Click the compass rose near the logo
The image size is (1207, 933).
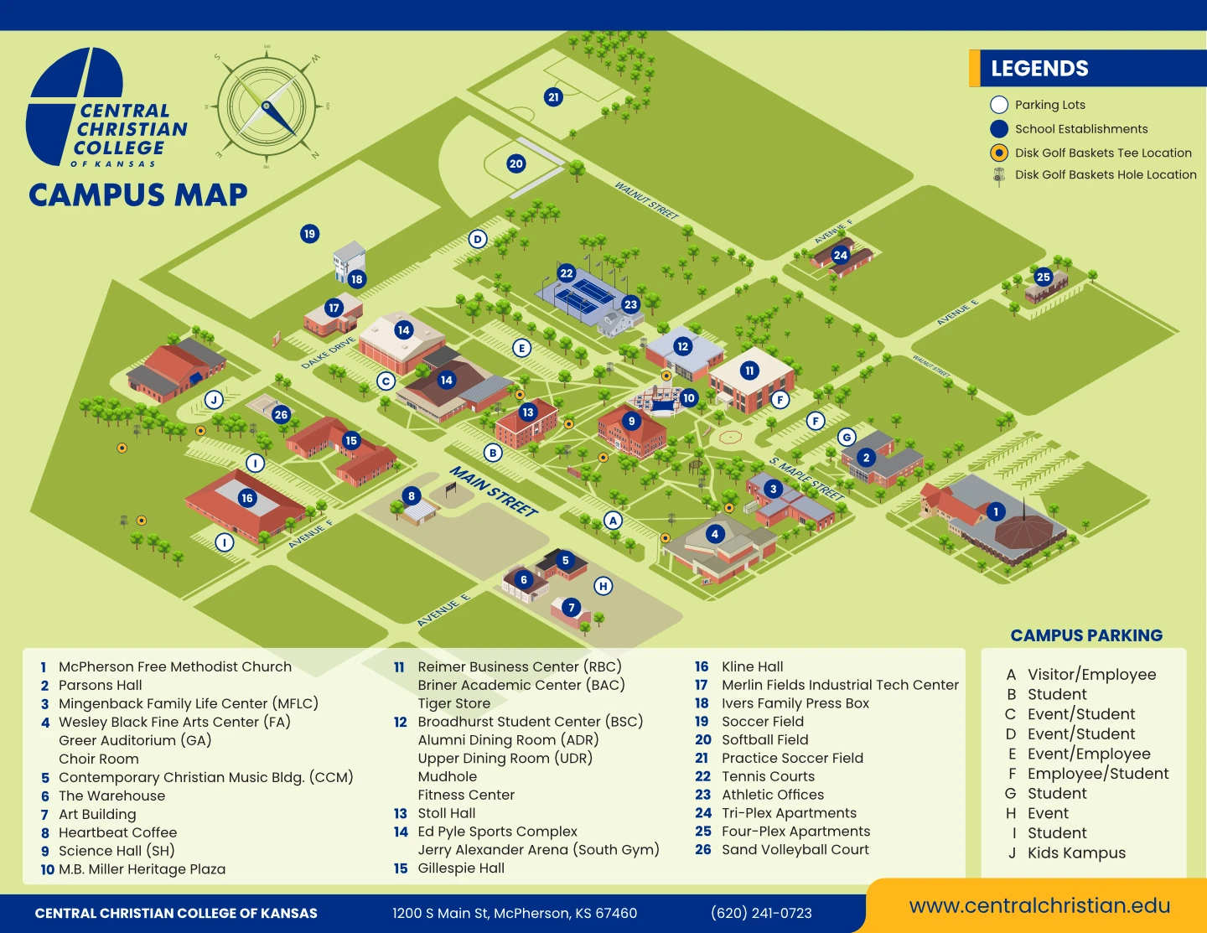pyautogui.click(x=267, y=106)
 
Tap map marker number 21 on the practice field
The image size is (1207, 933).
pyautogui.click(x=553, y=97)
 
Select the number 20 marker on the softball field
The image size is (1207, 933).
pyautogui.click(x=516, y=163)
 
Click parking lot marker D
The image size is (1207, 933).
pyautogui.click(x=478, y=239)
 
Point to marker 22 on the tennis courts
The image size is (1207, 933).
pyautogui.click(x=567, y=272)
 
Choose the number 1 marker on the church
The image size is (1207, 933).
pyautogui.click(x=996, y=511)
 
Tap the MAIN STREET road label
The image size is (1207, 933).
pyautogui.click(x=494, y=491)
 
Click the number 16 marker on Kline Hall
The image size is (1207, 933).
pyautogui.click(x=246, y=498)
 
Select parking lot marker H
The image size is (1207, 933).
pyautogui.click(x=603, y=586)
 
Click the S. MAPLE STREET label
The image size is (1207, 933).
pyautogui.click(x=806, y=479)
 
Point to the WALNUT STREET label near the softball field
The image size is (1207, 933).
pyautogui.click(x=646, y=200)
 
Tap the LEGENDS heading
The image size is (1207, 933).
pyautogui.click(x=1039, y=69)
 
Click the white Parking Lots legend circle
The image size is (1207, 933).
pyautogui.click(x=999, y=105)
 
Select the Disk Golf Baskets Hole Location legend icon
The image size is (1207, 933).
pyautogui.click(x=999, y=175)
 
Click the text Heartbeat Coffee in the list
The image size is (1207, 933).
pyautogui.click(x=117, y=832)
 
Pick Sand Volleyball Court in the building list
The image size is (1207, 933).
pyautogui.click(x=795, y=849)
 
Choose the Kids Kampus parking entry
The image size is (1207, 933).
pyautogui.click(x=1076, y=853)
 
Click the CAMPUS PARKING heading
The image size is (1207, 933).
pyautogui.click(x=1086, y=635)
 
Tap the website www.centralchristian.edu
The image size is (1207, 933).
pyautogui.click(x=1039, y=905)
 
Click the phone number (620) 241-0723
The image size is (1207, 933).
pyautogui.click(x=761, y=913)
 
